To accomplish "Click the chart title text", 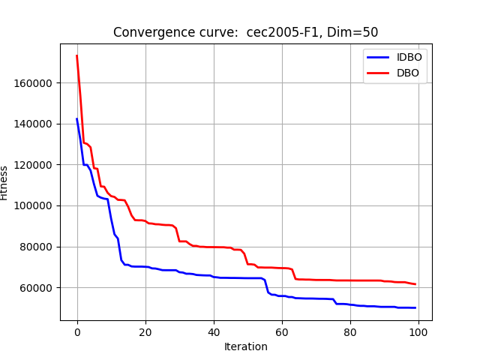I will tap(245, 32).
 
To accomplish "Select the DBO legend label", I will tap(407, 73).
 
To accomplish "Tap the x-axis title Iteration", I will tap(246, 346).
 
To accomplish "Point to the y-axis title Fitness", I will tap(5, 182).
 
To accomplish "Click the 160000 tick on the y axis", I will tap(37, 82).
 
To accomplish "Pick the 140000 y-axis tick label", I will tap(37, 124).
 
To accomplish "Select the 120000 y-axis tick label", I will tap(37, 165).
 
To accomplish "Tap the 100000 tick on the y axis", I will tap(37, 205).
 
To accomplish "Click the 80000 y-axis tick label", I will tap(40, 247).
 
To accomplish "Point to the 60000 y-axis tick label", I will tap(40, 288).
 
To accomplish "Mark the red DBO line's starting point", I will tap(77, 55).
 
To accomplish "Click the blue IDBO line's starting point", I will tap(77, 118).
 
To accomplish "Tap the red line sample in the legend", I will tap(378, 73).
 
